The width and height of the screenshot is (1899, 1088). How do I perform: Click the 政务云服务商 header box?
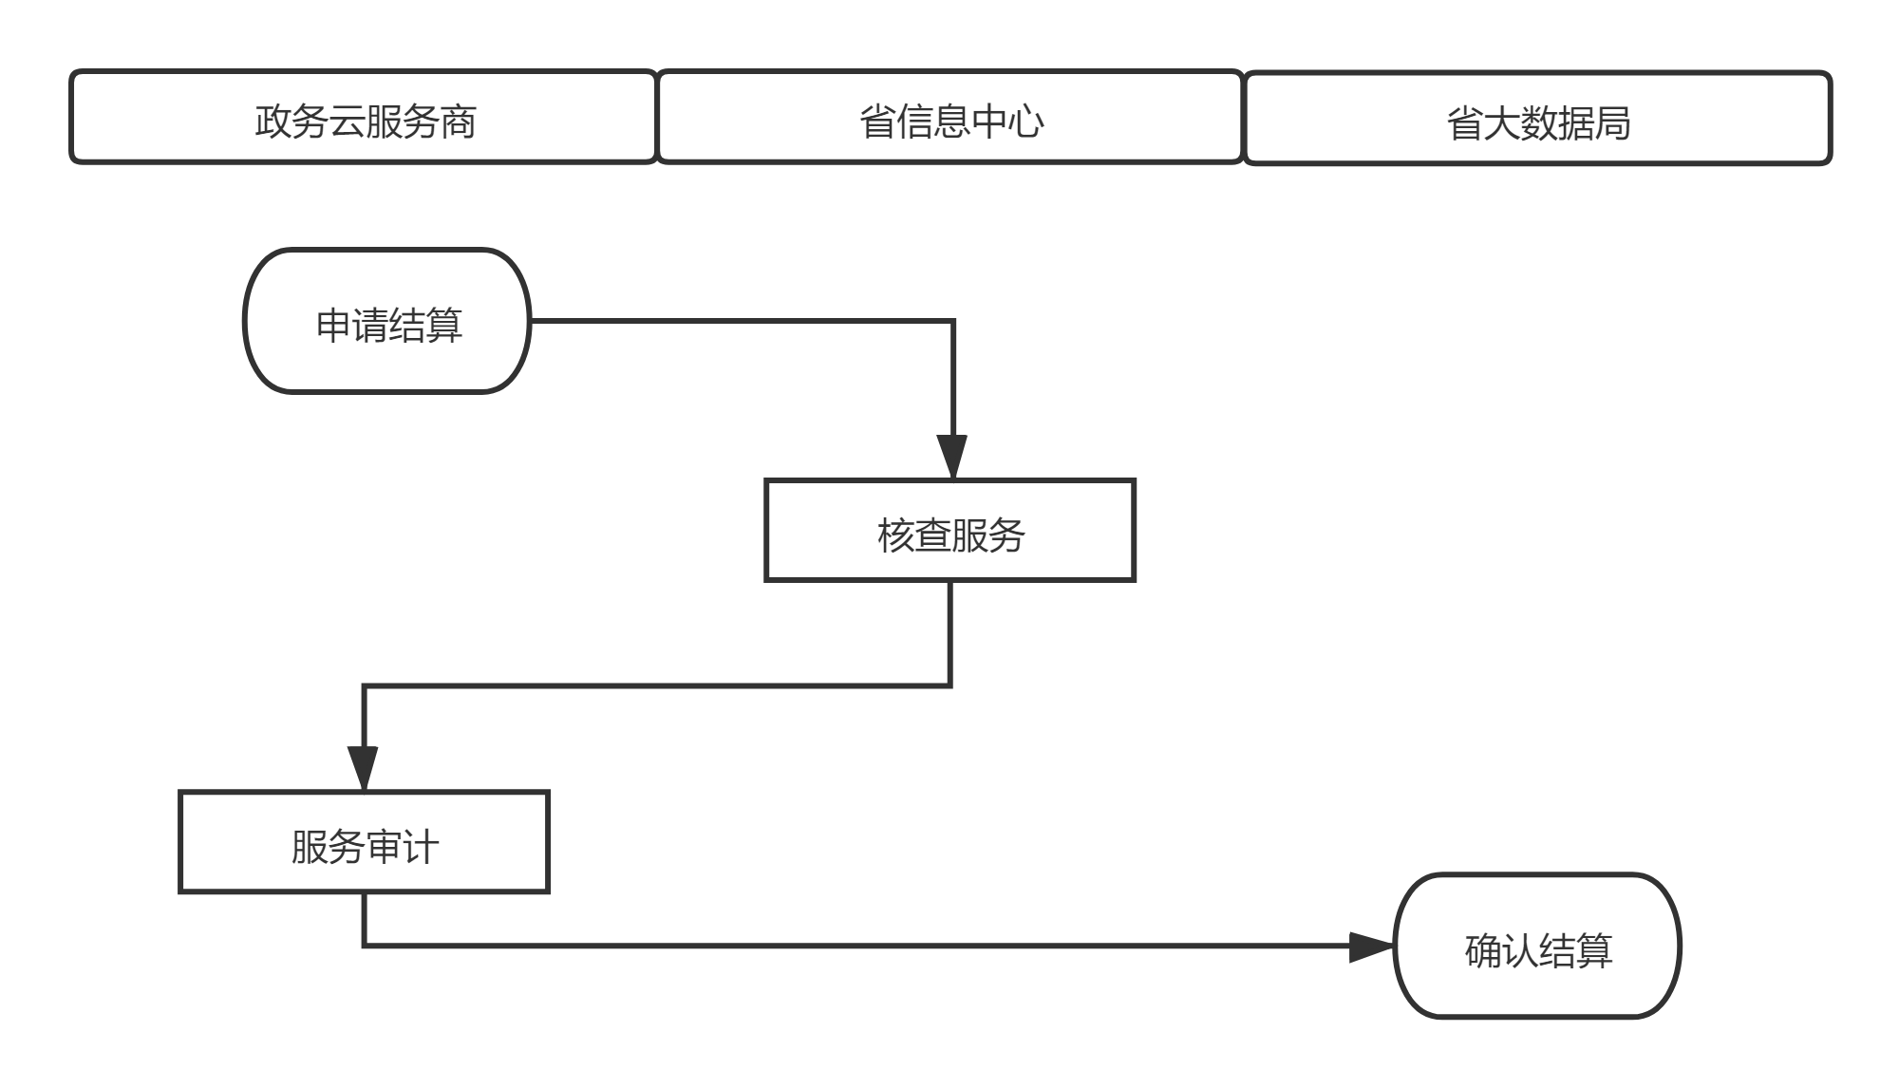point(365,117)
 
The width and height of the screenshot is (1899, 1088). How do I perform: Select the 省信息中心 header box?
point(950,117)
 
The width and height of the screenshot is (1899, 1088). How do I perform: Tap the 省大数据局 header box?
point(1537,118)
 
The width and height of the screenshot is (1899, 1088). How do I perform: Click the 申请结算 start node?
point(387,321)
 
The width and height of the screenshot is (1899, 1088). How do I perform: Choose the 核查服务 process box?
point(950,531)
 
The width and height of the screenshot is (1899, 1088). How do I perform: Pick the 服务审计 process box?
point(365,842)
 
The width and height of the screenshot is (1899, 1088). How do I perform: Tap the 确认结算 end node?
point(1537,947)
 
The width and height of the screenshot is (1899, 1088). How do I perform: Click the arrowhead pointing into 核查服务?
point(951,457)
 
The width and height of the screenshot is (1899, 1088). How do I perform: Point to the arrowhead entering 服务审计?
point(364,767)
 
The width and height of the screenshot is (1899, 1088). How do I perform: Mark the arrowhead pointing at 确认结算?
point(1371,947)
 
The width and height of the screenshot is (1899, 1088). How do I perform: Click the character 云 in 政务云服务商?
point(347,122)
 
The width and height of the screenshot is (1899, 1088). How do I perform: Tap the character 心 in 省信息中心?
point(1025,122)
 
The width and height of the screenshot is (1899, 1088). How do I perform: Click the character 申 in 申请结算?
point(334,326)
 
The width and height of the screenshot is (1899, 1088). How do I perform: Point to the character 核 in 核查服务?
point(895,535)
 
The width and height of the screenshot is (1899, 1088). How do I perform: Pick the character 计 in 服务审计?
point(420,847)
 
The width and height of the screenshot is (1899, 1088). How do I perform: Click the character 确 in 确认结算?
point(1483,950)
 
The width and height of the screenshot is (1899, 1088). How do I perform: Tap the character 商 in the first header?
point(458,122)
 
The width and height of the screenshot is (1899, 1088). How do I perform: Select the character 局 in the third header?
point(1612,123)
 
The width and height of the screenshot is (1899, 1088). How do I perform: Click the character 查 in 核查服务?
point(932,535)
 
